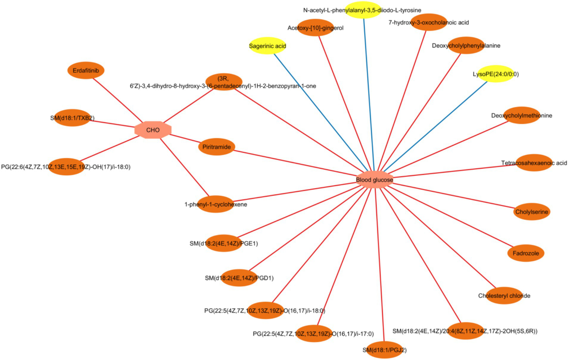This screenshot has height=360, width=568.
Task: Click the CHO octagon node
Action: pos(153,130)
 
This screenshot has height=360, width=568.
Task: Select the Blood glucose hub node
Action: pos(374,180)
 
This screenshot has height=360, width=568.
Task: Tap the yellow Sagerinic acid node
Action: pos(267,46)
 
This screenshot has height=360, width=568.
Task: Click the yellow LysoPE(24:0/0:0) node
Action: pos(495,74)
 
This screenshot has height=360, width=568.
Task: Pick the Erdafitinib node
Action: pos(86,70)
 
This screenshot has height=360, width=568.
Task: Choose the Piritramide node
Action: pos(216,147)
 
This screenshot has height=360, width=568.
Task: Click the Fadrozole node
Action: pos(525,253)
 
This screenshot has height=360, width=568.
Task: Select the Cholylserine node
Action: pos(531,212)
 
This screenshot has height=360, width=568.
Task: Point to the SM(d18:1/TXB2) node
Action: pos(73,118)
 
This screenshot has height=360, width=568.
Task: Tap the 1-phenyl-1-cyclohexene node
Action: pos(216,204)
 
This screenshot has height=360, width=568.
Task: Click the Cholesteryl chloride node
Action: pos(504,296)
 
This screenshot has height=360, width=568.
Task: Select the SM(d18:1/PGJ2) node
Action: pos(384,350)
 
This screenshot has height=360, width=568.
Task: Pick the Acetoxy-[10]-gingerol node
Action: pos(316,28)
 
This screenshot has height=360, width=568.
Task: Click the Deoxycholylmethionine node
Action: pos(521,115)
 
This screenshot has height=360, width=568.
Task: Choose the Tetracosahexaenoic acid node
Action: pos(534,163)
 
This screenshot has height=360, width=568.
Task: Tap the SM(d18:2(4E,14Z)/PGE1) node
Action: pos(223,243)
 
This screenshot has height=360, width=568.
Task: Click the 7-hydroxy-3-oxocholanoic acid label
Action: pos(428,23)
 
